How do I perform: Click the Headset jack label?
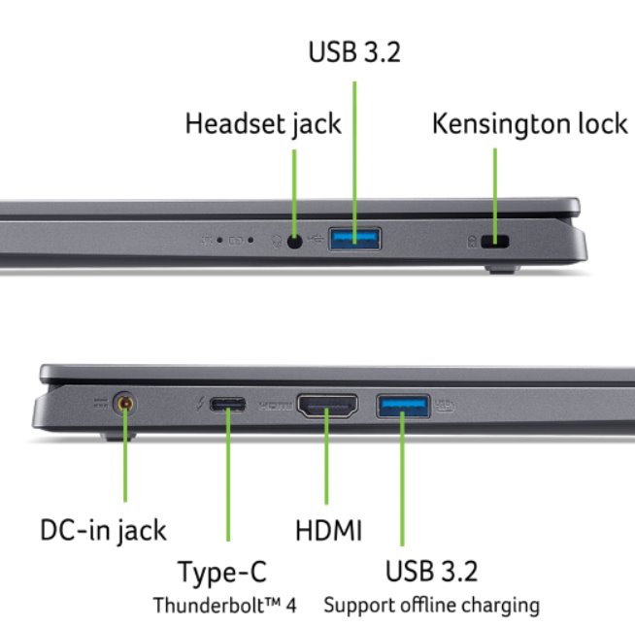click(x=263, y=124)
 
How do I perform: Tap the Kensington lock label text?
click(x=530, y=124)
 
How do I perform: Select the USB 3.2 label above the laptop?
click(x=354, y=52)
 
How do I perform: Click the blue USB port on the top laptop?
click(x=355, y=238)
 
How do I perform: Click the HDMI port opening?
click(x=327, y=405)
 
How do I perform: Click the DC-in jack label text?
click(x=103, y=530)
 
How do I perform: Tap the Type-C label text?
click(x=222, y=573)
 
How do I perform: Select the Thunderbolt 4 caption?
click(x=224, y=606)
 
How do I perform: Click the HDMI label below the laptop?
click(x=328, y=530)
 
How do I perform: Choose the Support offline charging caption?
click(x=431, y=606)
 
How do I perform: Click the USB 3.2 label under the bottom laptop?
click(x=431, y=571)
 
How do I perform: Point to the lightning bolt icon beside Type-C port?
click(x=200, y=405)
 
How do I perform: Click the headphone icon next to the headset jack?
click(x=276, y=239)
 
